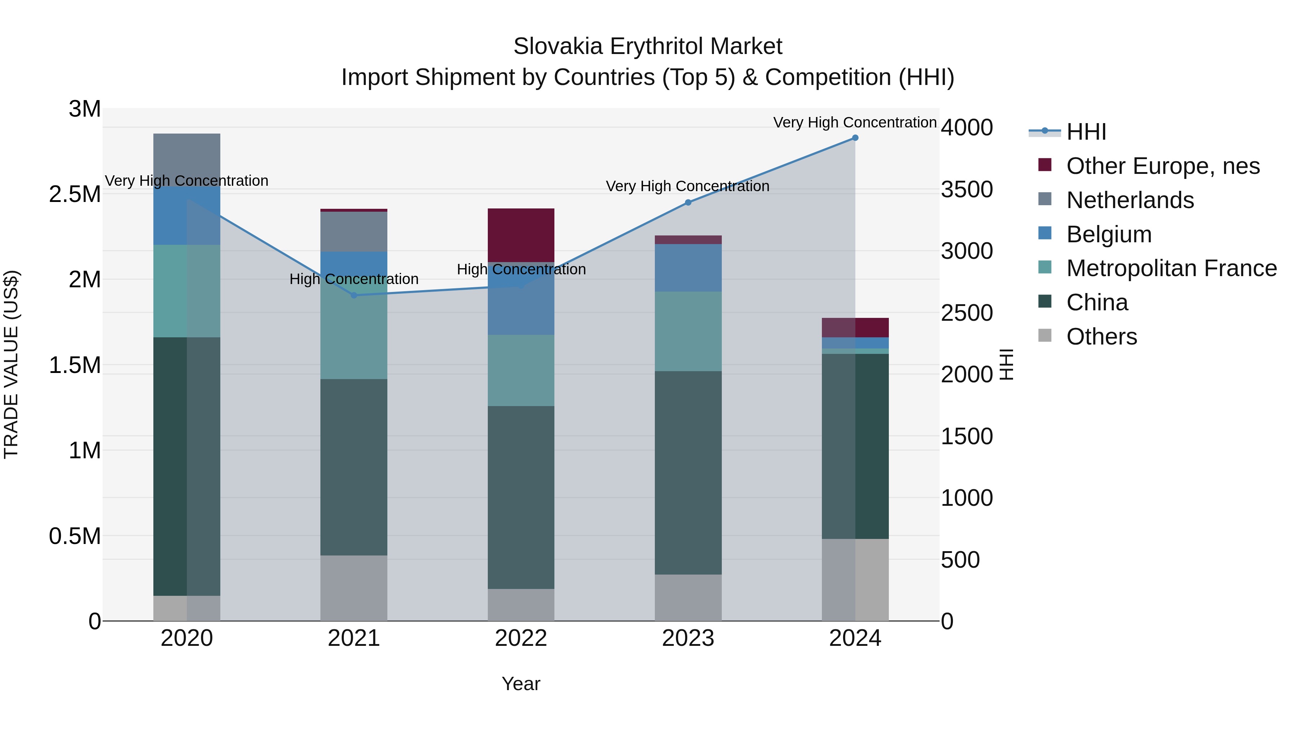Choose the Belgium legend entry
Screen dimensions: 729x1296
(1108, 234)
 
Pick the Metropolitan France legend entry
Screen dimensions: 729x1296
(1171, 268)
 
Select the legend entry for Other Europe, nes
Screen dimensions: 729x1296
(1163, 166)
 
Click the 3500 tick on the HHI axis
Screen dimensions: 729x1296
(967, 190)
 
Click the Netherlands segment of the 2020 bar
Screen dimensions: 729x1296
(186, 159)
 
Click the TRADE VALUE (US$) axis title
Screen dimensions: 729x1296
(11, 364)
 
